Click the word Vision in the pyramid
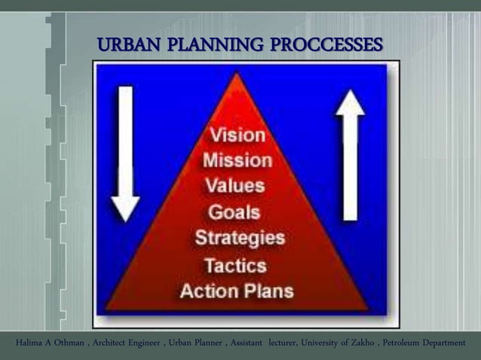click(x=237, y=136)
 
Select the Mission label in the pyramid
click(x=237, y=160)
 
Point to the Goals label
click(x=234, y=212)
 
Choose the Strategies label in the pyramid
click(x=240, y=239)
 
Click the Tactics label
click(x=235, y=265)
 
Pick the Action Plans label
click(x=237, y=291)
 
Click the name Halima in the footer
click(x=29, y=343)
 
